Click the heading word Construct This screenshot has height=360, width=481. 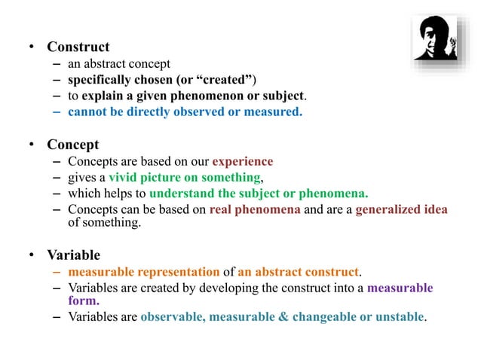point(78,47)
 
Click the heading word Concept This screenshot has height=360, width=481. point(72,144)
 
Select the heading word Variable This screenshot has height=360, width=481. point(74,255)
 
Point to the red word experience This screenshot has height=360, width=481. point(243,161)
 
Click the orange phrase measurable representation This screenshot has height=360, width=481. point(143,271)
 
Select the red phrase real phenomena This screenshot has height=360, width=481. point(256,210)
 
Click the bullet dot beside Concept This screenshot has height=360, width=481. point(32,144)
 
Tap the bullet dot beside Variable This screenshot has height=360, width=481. point(32,255)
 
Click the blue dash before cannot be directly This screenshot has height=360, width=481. point(57,113)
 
